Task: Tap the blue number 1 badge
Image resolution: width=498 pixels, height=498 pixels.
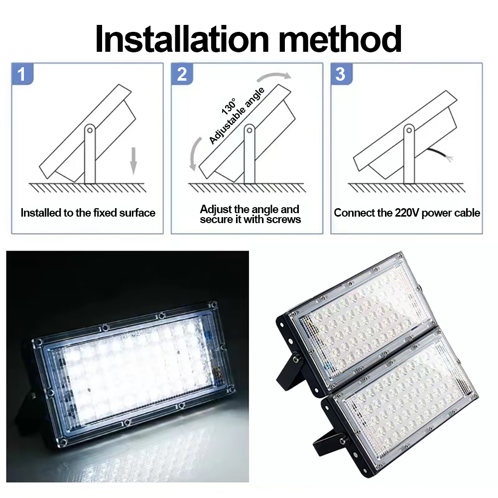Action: [x=21, y=74]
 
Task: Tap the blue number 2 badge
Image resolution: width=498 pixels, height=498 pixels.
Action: [x=182, y=74]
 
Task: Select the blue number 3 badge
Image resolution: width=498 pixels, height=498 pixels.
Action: [x=341, y=74]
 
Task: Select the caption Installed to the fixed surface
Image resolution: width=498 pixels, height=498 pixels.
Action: [x=88, y=213]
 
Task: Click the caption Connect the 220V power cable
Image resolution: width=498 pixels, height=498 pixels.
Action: [x=407, y=213]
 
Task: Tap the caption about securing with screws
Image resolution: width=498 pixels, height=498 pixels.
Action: [x=250, y=214]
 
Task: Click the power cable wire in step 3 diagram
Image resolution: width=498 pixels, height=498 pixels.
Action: [x=441, y=154]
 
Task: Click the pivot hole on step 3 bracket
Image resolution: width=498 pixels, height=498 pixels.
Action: [x=408, y=130]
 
